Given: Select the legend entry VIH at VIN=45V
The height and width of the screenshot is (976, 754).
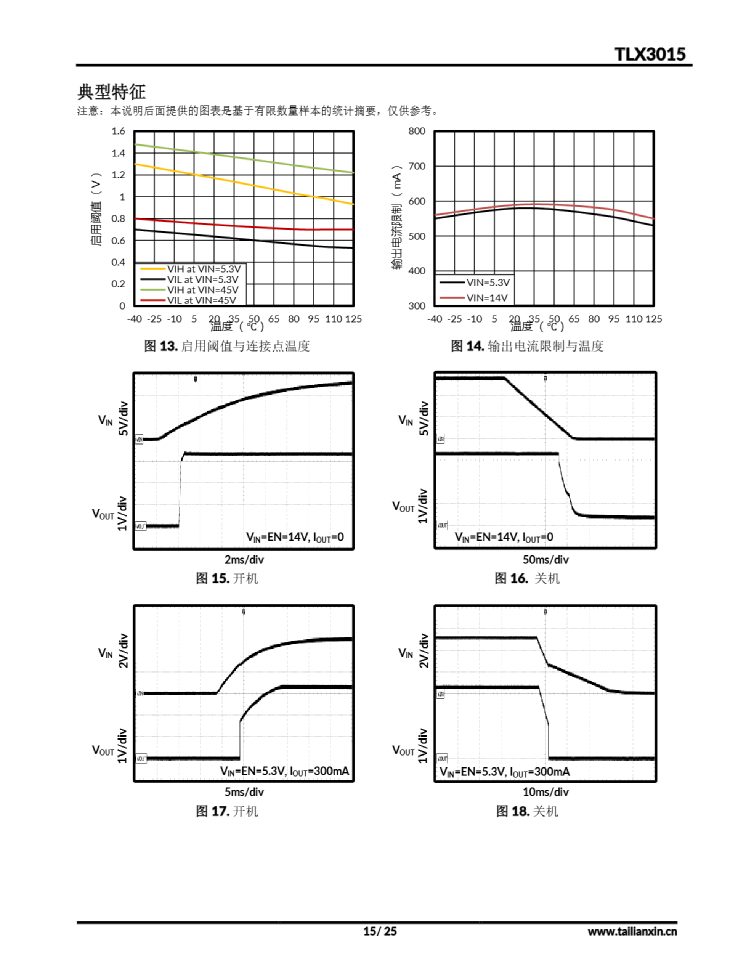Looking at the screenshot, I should point(202,290).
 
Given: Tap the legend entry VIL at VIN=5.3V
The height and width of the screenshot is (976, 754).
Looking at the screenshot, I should point(202,279).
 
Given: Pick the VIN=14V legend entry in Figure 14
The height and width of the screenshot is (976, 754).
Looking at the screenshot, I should point(487,298).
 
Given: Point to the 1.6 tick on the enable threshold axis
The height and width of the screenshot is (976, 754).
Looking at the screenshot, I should point(118,131).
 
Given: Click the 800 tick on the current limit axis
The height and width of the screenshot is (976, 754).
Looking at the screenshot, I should point(417,131).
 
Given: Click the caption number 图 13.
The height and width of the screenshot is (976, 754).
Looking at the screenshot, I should point(161,346).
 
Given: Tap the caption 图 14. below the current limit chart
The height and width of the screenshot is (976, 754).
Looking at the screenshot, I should point(467,346).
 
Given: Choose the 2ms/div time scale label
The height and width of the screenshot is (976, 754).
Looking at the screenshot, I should point(244,560).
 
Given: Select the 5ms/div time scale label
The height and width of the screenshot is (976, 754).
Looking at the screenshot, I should point(244,792).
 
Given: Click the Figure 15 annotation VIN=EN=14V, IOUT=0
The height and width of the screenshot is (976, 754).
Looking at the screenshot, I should point(295,537).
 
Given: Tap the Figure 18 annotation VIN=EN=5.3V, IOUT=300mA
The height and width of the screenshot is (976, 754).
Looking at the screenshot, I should point(505,772).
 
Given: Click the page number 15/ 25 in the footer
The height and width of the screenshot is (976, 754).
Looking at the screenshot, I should point(379,931).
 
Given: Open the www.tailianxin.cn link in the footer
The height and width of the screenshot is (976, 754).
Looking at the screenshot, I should point(632,931).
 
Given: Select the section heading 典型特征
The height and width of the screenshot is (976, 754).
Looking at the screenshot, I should point(111,91).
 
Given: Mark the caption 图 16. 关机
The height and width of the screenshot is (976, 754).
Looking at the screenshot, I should point(527,578).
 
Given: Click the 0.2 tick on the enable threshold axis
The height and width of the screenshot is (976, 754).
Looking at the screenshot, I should point(118,284).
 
